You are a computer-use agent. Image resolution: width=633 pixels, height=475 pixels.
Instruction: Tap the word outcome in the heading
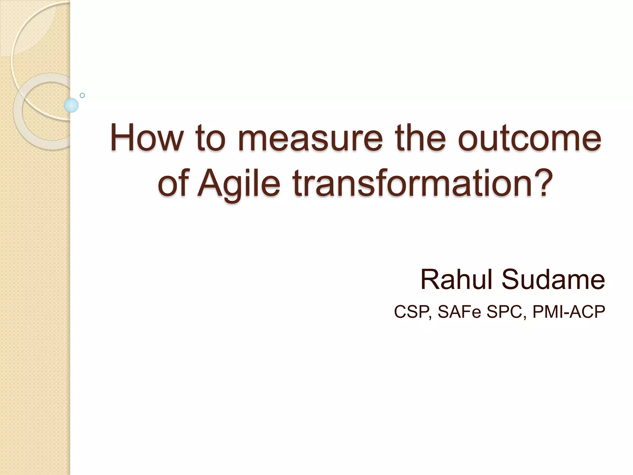tap(529, 138)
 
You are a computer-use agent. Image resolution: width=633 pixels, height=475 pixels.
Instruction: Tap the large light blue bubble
tap(71, 105)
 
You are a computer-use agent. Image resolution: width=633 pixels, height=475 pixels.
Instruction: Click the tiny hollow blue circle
tap(82, 95)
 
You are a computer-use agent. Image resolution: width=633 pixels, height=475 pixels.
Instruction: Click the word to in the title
tap(210, 138)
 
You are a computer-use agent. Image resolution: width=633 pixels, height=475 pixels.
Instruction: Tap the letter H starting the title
tap(122, 138)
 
